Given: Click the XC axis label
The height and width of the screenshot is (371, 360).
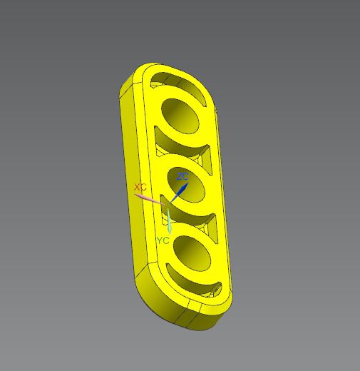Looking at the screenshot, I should click(x=140, y=187).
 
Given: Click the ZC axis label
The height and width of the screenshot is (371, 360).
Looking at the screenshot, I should click(x=183, y=176).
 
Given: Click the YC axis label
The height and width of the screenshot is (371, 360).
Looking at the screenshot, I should click(x=163, y=240).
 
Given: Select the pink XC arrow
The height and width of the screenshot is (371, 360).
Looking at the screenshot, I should click(x=151, y=198).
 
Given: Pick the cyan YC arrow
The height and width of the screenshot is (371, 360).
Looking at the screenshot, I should click(x=170, y=221).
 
